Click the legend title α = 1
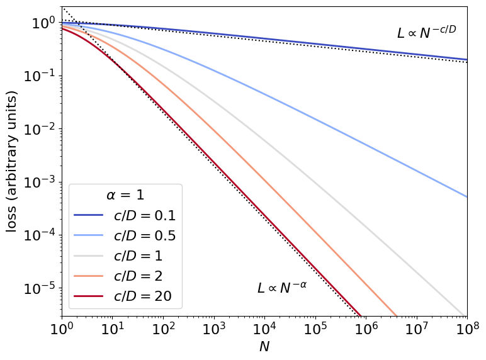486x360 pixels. (125, 195)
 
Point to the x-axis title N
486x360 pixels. (264, 347)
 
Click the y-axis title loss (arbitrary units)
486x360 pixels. (12, 161)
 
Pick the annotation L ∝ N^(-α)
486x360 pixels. (281, 288)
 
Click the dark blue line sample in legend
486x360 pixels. (88, 215)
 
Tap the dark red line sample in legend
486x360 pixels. (88, 295)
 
